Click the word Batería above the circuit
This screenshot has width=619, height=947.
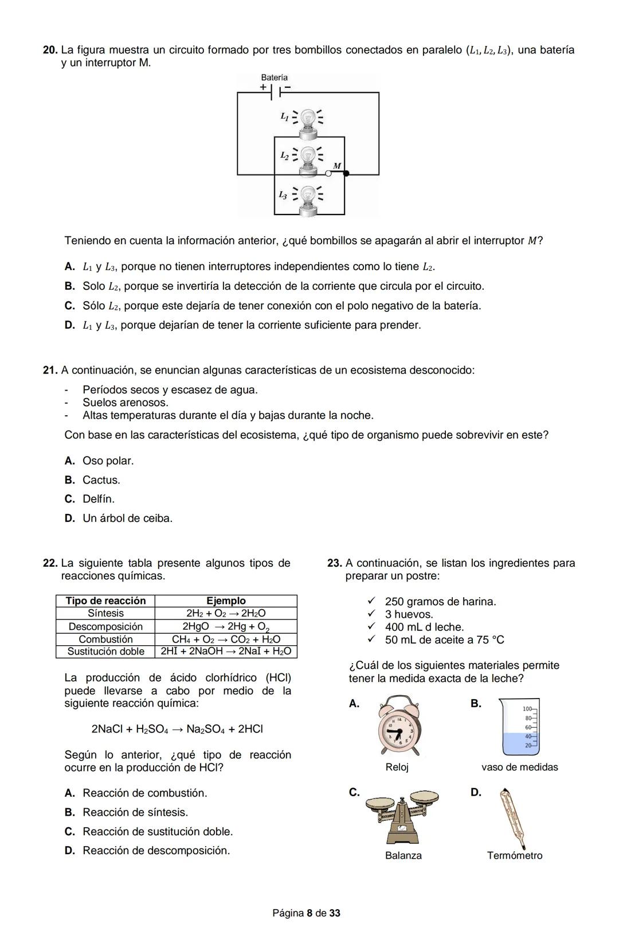pos(274,77)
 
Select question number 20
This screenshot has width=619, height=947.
pos(50,50)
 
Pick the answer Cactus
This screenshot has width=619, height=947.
pos(101,480)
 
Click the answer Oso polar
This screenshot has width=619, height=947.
pos(108,461)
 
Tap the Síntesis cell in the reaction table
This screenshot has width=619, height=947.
pos(105,613)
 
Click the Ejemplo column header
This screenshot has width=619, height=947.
pos(226,601)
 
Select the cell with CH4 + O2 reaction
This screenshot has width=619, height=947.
pos(226,639)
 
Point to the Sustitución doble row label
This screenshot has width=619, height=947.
pos(105,652)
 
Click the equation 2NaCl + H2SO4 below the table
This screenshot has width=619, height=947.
pos(177,729)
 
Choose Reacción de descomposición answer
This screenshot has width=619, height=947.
pos(156,851)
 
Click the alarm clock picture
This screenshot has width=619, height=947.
pos(397,726)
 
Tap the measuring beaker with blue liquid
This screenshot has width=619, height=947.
pos(520,727)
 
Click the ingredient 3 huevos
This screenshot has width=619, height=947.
pos(409,614)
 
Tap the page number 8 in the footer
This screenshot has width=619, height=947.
pos(309,913)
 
